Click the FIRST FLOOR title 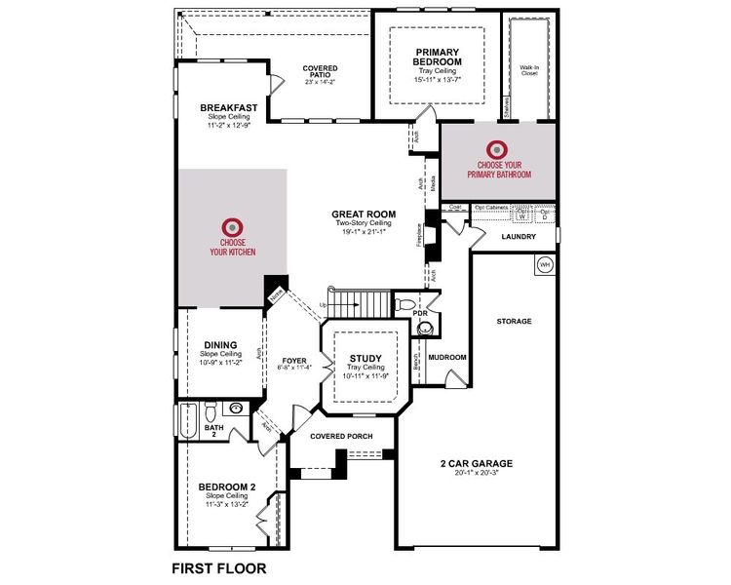(x=218, y=566)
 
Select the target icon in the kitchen (x=232, y=225)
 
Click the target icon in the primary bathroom (x=498, y=149)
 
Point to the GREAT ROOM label (x=364, y=214)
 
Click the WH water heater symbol (x=544, y=264)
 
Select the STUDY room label (x=365, y=358)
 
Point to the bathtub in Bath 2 (x=188, y=422)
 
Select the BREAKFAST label (x=229, y=107)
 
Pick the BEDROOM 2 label (x=227, y=487)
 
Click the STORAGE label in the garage (x=513, y=321)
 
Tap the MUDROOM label (x=447, y=358)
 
